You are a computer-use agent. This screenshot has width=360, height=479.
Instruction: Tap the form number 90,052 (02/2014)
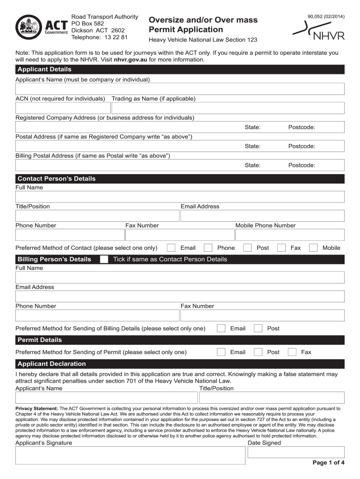coord(326,17)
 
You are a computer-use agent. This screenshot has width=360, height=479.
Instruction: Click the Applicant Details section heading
coord(44,69)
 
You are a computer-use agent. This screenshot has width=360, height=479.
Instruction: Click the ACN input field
coord(63,108)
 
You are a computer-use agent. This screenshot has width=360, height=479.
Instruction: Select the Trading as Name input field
coord(228,108)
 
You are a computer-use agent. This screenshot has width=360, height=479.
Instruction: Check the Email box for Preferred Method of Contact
coord(172,248)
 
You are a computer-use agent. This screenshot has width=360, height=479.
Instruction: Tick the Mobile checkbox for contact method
coord(313,248)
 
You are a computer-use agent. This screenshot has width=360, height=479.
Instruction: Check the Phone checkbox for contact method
coord(209,248)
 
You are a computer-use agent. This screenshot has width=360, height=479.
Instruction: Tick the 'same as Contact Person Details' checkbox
coord(104,259)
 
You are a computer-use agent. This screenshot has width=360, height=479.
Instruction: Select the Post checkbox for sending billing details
coord(258,328)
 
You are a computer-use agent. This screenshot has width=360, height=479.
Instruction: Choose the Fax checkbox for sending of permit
coord(292,352)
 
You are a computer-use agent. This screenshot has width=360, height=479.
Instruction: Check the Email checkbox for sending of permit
coord(222,352)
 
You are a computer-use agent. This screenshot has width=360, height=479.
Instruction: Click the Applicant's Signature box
coord(130,455)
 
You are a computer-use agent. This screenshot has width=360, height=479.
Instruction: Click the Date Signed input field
coord(295,452)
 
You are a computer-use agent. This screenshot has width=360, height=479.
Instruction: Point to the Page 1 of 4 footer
coord(328,463)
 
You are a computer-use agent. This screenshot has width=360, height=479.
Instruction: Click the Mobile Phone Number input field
coord(289,235)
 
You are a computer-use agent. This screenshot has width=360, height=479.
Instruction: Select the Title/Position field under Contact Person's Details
coord(97,216)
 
